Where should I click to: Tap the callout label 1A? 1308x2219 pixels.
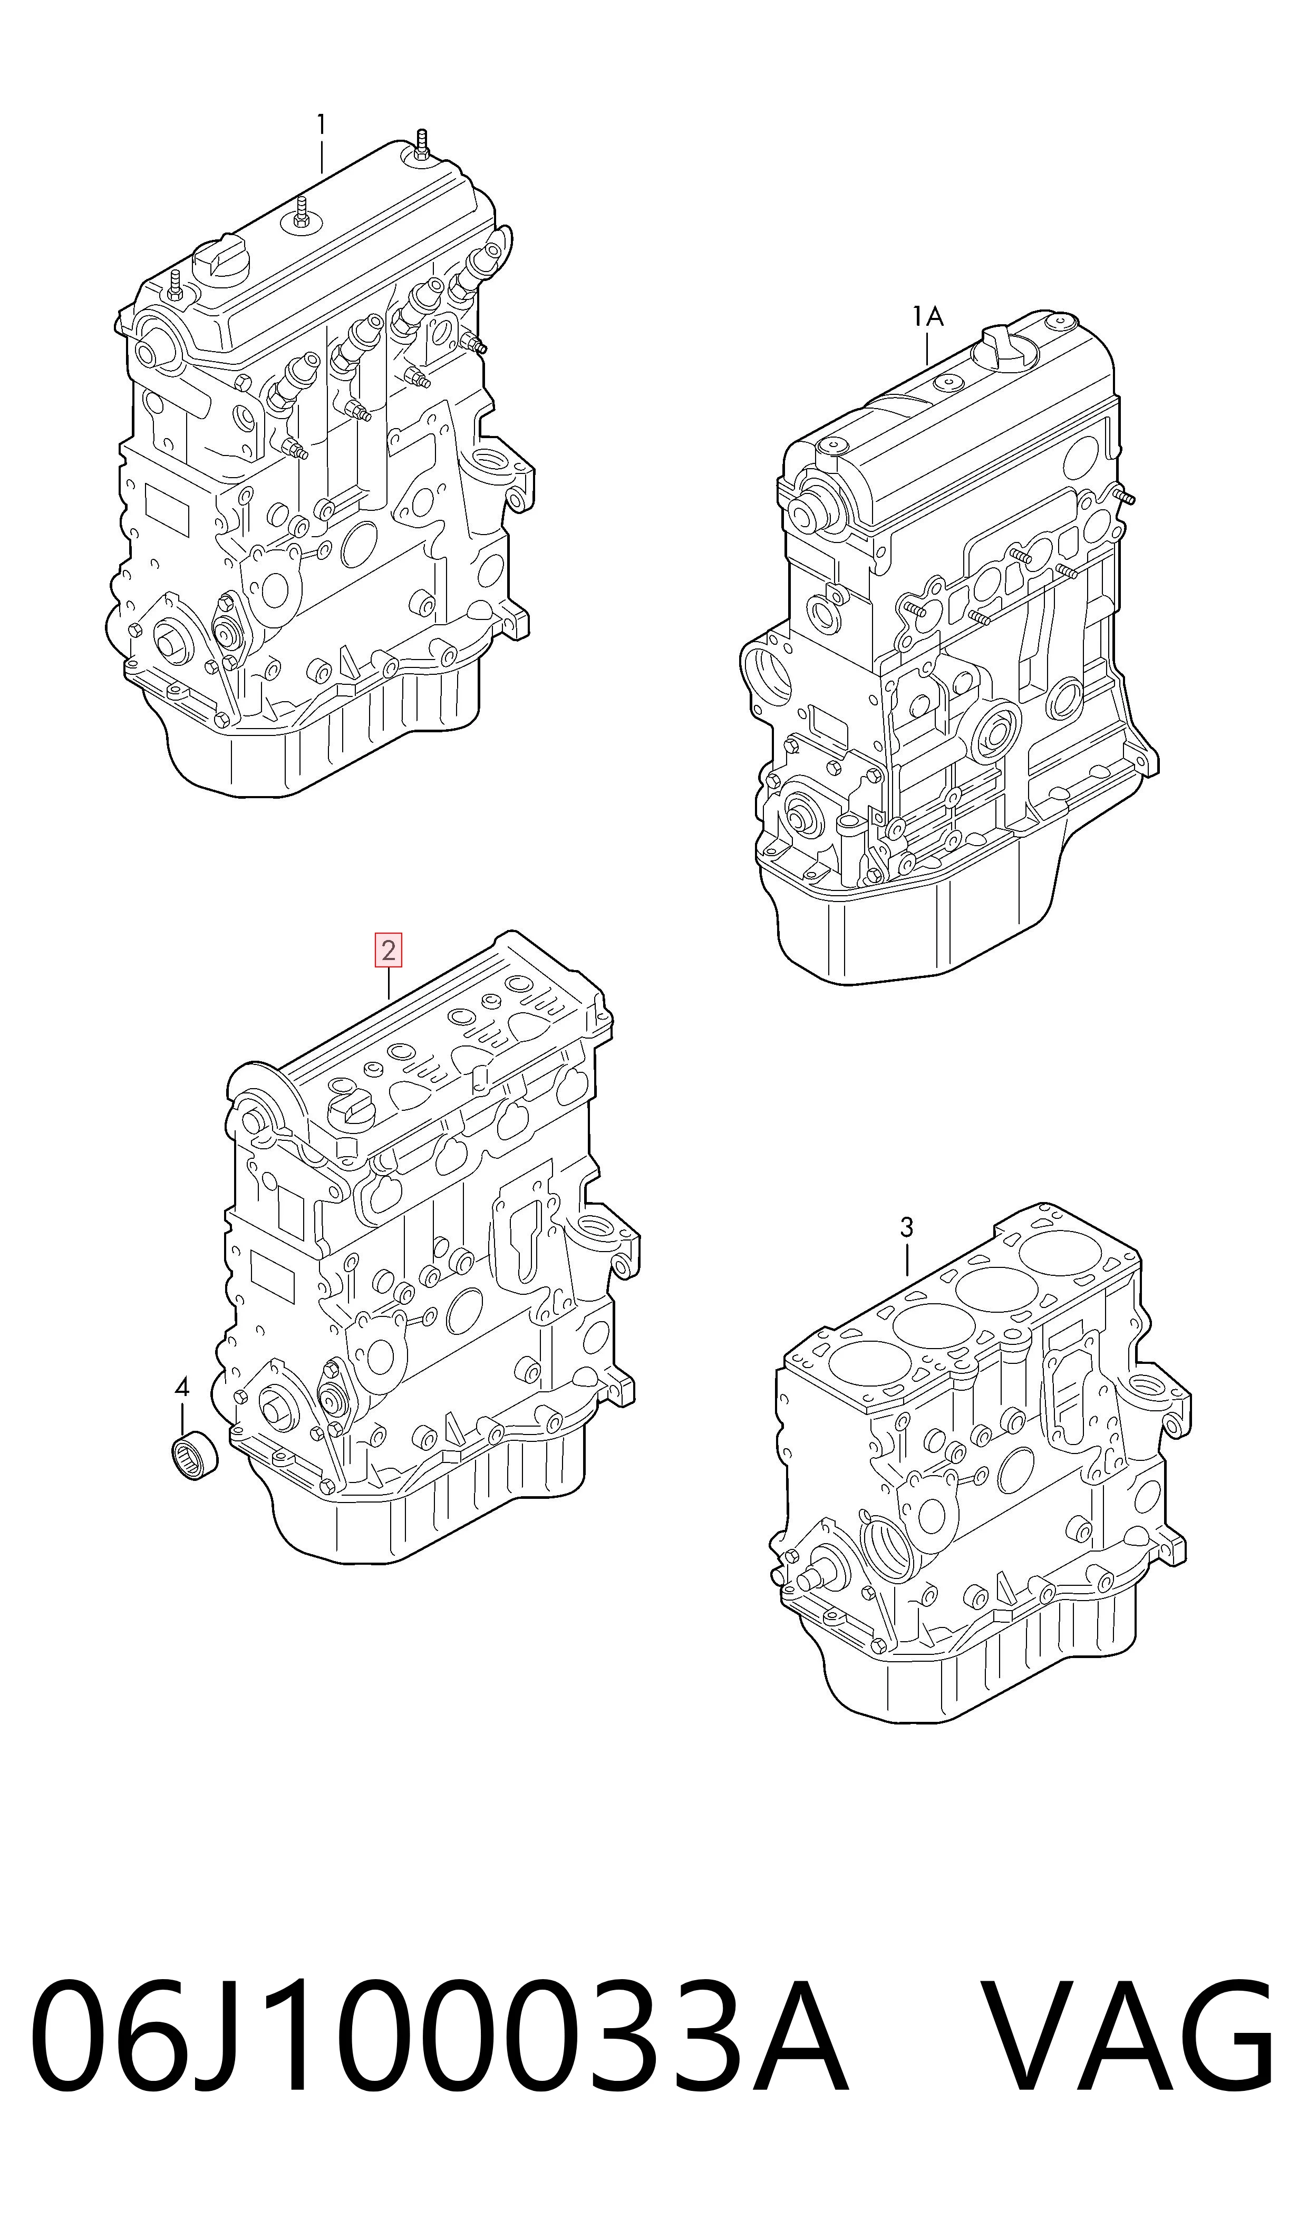coord(928,316)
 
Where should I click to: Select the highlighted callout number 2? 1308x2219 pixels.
coord(389,951)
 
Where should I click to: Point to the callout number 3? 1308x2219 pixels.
coord(907,1227)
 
